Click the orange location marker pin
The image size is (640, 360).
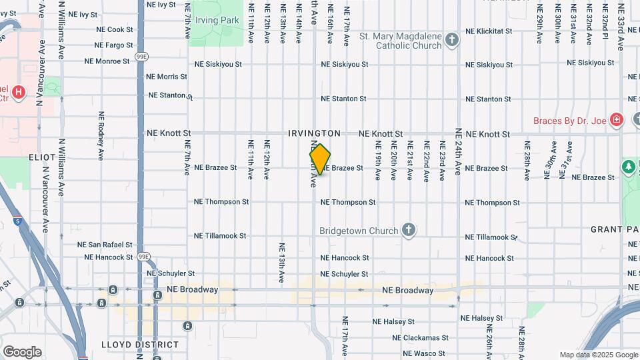[320, 159]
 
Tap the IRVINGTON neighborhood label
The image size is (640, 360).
[315, 133]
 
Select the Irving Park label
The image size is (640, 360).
[217, 21]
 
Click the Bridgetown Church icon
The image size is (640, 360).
[409, 231]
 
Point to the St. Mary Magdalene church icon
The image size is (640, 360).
[452, 40]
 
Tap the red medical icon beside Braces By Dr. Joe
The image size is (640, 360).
[617, 120]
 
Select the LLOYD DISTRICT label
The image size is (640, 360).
[140, 345]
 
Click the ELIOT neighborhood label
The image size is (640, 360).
[42, 157]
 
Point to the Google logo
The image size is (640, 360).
[22, 352]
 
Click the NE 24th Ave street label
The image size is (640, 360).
[459, 151]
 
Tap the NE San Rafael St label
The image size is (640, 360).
[105, 245]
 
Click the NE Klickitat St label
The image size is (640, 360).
[488, 31]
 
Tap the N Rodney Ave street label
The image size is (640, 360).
[101, 135]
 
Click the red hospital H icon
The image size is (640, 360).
[19, 93]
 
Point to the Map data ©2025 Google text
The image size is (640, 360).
[598, 355]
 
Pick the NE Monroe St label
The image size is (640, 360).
[107, 61]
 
